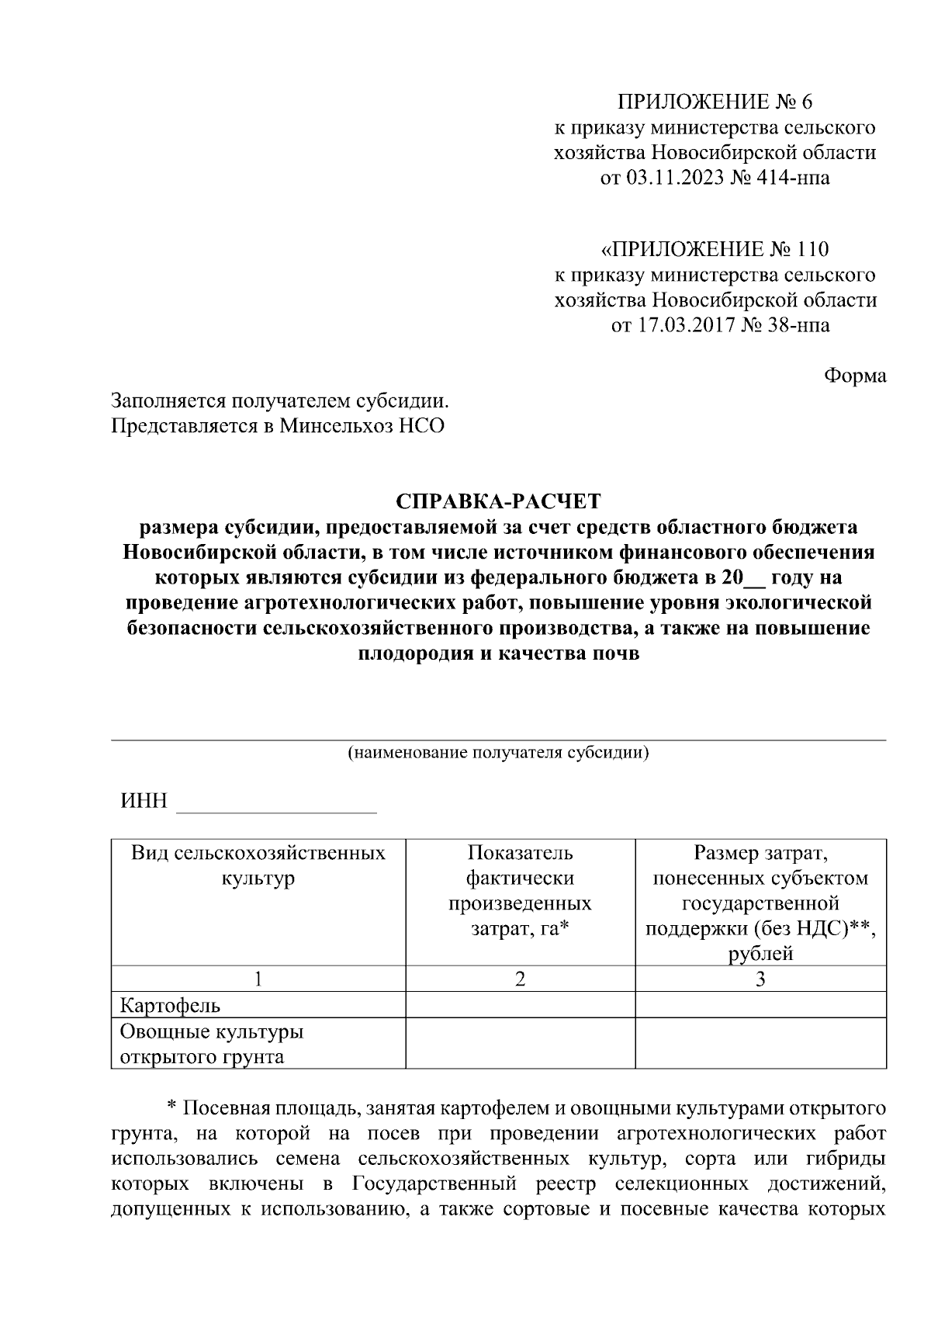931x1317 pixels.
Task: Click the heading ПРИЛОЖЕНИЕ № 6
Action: point(715,102)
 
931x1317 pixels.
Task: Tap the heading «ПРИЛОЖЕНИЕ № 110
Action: point(715,249)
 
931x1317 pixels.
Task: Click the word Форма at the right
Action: point(854,376)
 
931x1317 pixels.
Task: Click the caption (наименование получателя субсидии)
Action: point(498,753)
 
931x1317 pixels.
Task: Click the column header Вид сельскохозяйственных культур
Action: point(258,866)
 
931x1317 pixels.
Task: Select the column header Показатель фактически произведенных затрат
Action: point(520,891)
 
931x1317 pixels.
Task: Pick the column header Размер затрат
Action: point(760,854)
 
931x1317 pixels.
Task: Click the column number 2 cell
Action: point(520,979)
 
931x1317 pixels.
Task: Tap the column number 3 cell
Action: point(760,979)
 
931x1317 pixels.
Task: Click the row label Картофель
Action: point(170,1006)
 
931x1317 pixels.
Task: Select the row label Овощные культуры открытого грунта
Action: point(211,1044)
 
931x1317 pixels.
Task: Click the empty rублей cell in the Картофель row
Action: point(760,1005)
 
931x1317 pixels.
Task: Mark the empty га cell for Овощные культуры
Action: point(520,1043)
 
